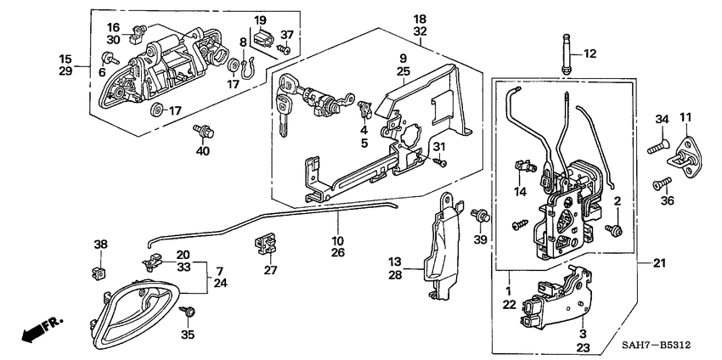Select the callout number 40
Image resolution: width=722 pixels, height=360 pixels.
pyautogui.click(x=201, y=151)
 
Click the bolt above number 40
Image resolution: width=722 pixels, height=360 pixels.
pyautogui.click(x=204, y=131)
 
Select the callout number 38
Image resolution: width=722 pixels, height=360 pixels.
pyautogui.click(x=100, y=245)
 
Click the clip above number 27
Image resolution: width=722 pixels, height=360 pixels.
pyautogui.click(x=266, y=246)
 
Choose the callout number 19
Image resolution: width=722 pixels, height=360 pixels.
pyautogui.click(x=260, y=20)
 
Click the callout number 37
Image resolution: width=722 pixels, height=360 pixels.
pyautogui.click(x=288, y=36)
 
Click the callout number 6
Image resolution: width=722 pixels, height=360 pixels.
pyautogui.click(x=101, y=74)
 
